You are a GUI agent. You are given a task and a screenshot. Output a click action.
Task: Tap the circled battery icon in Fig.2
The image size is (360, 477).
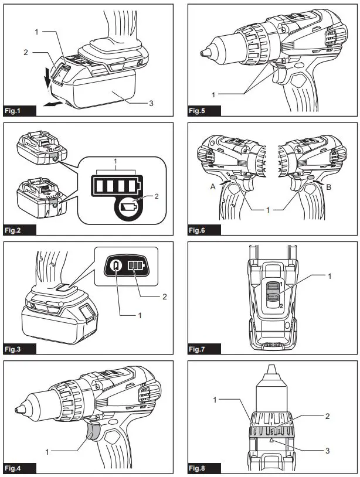coord(127,207)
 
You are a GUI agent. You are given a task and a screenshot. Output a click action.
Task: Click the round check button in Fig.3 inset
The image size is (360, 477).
coord(116,266)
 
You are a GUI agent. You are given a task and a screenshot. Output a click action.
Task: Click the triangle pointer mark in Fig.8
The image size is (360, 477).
coord(272,439)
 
